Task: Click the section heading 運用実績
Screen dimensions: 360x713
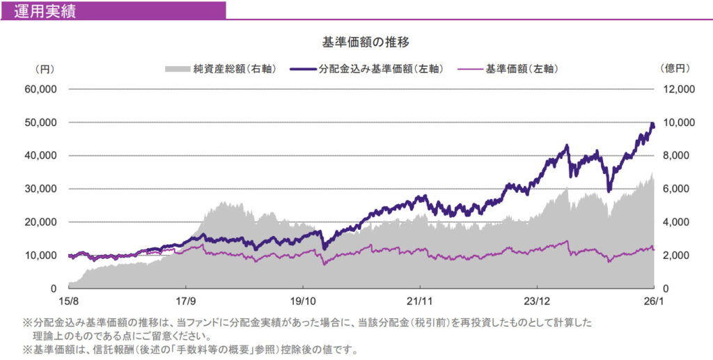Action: [x=45, y=10]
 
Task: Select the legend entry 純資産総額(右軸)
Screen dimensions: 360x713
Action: [x=221, y=69]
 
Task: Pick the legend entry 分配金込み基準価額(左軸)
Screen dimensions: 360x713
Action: [x=370, y=69]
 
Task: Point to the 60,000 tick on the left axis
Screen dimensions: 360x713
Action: [x=42, y=89]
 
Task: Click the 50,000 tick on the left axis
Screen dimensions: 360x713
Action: [x=42, y=123]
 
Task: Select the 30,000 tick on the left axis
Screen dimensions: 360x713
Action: [x=42, y=189]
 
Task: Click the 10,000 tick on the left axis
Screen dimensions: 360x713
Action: [x=42, y=256]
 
